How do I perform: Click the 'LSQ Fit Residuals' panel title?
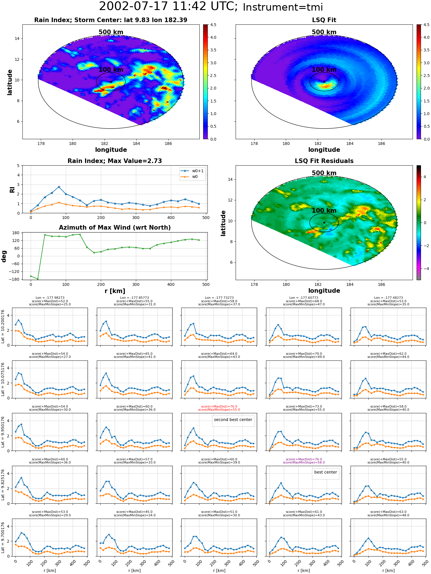(x=324, y=161)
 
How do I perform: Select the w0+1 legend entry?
(x=192, y=171)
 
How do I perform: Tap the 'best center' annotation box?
(x=326, y=472)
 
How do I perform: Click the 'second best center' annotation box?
(x=233, y=420)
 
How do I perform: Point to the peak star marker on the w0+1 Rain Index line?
(x=59, y=187)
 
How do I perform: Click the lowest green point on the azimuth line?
(x=38, y=279)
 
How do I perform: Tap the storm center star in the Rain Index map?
(x=111, y=82)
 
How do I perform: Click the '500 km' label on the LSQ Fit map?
(x=324, y=32)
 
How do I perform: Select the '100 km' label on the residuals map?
(x=324, y=211)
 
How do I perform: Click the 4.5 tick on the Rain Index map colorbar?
(x=213, y=25)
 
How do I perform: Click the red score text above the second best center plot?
(x=219, y=408)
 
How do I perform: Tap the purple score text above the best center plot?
(x=304, y=461)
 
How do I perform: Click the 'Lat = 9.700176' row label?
(x=3, y=538)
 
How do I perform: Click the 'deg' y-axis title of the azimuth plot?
(x=4, y=256)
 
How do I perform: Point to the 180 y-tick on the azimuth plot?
(x=16, y=233)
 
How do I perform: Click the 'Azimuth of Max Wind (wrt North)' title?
(x=115, y=228)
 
